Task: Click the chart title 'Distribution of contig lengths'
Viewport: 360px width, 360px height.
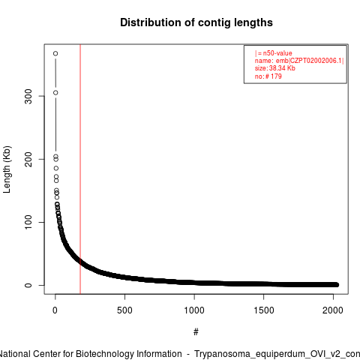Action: point(196,22)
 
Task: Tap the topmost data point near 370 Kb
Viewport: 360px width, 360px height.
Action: point(55,53)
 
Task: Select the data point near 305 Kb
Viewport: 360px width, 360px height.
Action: point(55,93)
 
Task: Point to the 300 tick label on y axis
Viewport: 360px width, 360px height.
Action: point(28,96)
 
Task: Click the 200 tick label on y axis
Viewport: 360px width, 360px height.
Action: point(28,159)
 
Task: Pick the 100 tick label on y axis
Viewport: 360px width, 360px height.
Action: point(28,222)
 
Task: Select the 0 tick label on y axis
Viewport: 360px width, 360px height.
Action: point(28,285)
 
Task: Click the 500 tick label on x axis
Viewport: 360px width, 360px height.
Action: point(124,310)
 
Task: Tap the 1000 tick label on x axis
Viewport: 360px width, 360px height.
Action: point(194,310)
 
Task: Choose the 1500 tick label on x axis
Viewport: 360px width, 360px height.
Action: point(264,310)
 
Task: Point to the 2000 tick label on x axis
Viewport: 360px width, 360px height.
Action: point(333,310)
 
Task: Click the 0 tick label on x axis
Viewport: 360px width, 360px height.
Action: point(55,310)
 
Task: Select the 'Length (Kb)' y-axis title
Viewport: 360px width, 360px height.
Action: point(7,169)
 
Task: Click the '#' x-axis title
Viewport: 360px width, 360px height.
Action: point(196,332)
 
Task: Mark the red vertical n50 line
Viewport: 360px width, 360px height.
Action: point(80,169)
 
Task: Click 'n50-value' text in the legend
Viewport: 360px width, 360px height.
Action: point(277,53)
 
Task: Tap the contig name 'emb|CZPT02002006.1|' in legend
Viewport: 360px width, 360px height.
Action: point(310,61)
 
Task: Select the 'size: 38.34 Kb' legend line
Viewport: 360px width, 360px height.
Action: point(275,68)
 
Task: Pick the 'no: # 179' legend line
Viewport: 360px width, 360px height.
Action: point(268,76)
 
